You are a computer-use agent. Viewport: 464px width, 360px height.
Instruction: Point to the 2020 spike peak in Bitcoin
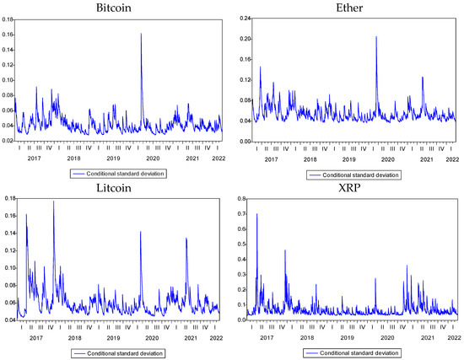point(141,35)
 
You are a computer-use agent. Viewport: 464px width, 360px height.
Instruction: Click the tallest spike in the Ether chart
point(375,37)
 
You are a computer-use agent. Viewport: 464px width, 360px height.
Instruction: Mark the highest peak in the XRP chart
point(256,214)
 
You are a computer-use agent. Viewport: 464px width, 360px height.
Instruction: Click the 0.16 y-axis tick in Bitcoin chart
point(7,35)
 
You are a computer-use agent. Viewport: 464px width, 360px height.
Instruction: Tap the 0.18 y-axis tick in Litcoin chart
point(7,198)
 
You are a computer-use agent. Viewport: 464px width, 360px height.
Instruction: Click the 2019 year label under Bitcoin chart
point(113,158)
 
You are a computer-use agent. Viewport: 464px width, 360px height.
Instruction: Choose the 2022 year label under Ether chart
point(452,158)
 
